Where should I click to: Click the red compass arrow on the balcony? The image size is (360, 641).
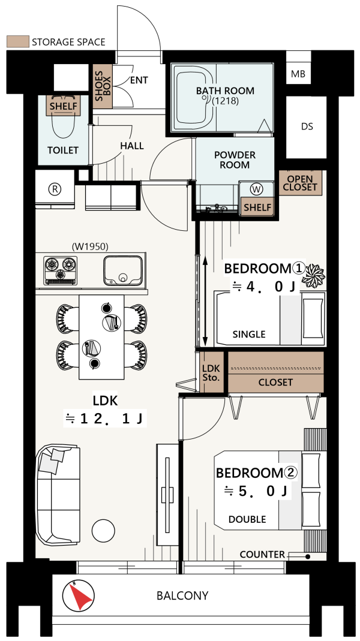click(x=80, y=595)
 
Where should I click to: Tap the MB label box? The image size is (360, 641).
click(x=298, y=74)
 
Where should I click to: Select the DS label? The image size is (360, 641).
click(x=307, y=127)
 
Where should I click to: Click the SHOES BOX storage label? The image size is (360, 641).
click(x=103, y=87)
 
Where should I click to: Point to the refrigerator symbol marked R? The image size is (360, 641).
click(x=55, y=189)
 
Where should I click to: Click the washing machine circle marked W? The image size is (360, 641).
click(x=257, y=189)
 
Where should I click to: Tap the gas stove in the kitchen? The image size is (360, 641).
click(x=61, y=270)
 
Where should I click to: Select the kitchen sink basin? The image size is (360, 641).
click(x=123, y=270)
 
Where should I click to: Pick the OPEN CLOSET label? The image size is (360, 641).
click(x=300, y=183)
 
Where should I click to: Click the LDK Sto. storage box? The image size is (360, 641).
click(x=211, y=372)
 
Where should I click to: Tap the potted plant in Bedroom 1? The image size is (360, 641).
click(x=313, y=275)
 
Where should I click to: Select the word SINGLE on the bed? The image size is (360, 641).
click(x=249, y=335)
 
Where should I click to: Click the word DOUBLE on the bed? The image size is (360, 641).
click(x=247, y=519)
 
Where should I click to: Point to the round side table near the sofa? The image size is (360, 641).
click(x=103, y=531)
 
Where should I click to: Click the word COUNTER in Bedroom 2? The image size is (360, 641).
click(x=262, y=554)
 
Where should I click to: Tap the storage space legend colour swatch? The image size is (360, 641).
click(x=18, y=42)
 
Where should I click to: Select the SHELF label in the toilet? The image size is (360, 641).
click(x=64, y=106)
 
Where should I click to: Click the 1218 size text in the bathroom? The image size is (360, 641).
click(x=225, y=101)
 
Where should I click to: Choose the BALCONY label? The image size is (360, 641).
click(x=182, y=595)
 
